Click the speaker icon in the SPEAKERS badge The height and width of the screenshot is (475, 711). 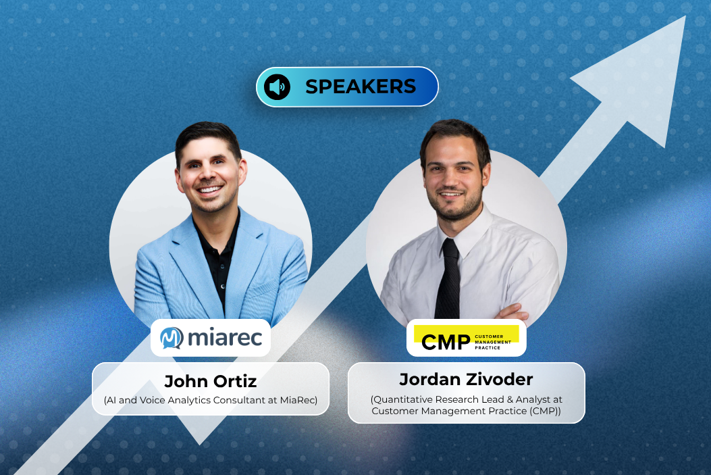pyautogui.click(x=277, y=87)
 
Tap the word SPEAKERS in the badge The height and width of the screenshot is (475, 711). pyautogui.click(x=360, y=86)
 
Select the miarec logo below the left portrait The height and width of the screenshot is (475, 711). pyautogui.click(x=211, y=338)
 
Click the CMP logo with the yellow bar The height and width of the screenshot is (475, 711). pyautogui.click(x=466, y=338)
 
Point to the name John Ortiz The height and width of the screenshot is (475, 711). pyautogui.click(x=210, y=382)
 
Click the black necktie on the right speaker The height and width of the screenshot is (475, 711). pyautogui.click(x=448, y=277)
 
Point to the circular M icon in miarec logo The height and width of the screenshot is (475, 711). pyautogui.click(x=172, y=338)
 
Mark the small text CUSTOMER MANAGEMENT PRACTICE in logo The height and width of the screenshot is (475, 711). pyautogui.click(x=496, y=342)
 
